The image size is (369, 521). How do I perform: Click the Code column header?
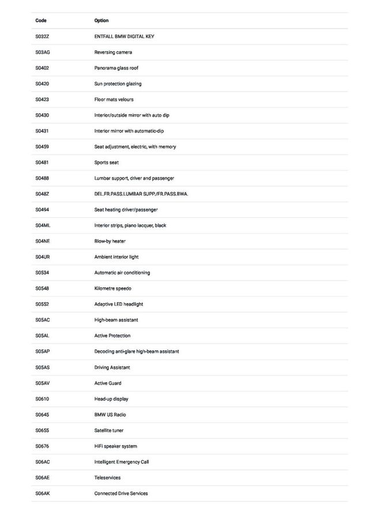click(41, 21)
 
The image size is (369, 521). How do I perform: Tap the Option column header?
click(101, 21)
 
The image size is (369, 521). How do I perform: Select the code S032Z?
click(42, 36)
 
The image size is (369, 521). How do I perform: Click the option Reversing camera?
click(113, 52)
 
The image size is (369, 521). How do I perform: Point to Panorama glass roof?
click(116, 68)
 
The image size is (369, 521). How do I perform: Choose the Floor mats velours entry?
click(114, 100)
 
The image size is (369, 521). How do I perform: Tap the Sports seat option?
click(107, 162)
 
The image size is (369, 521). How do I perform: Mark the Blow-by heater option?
click(110, 241)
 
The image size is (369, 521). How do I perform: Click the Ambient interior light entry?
click(116, 257)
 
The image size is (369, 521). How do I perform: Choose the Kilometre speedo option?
click(112, 288)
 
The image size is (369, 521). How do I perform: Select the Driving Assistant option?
click(112, 367)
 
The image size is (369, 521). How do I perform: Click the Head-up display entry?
click(111, 399)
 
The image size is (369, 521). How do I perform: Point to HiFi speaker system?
click(115, 446)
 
